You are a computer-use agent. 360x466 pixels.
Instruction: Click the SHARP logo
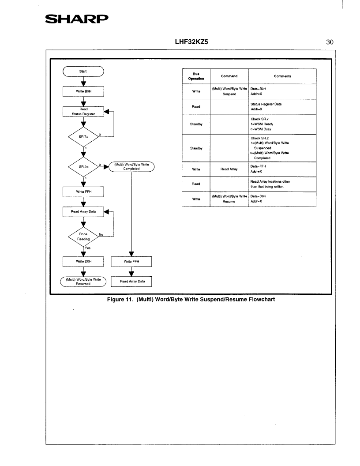point(77,19)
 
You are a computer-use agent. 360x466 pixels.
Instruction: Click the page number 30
point(330,42)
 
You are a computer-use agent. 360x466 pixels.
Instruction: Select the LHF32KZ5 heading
point(191,42)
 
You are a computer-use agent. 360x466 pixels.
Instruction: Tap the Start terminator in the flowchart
point(83,71)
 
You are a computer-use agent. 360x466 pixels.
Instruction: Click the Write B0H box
point(83,91)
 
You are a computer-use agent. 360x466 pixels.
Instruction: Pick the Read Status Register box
point(83,112)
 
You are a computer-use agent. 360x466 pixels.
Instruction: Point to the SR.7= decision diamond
point(83,137)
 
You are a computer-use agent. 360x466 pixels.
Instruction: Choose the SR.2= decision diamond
point(83,167)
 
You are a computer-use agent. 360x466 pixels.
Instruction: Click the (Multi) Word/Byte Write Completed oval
point(131,167)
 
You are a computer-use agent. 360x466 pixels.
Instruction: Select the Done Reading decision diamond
point(83,237)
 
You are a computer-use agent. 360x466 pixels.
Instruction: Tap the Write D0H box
point(83,262)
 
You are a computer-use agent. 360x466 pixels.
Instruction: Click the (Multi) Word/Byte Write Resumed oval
point(83,282)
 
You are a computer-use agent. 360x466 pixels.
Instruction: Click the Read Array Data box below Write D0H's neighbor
point(131,282)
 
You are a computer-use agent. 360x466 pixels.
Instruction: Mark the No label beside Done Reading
point(101,234)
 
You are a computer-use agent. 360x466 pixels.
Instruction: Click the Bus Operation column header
point(196,76)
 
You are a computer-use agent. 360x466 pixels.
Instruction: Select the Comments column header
point(282,76)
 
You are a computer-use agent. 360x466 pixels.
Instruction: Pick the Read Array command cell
point(229,169)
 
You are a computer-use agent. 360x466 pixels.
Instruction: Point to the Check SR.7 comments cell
point(282,124)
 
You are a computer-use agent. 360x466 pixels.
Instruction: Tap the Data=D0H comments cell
point(282,199)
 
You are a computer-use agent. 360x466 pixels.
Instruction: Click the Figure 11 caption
point(191,300)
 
